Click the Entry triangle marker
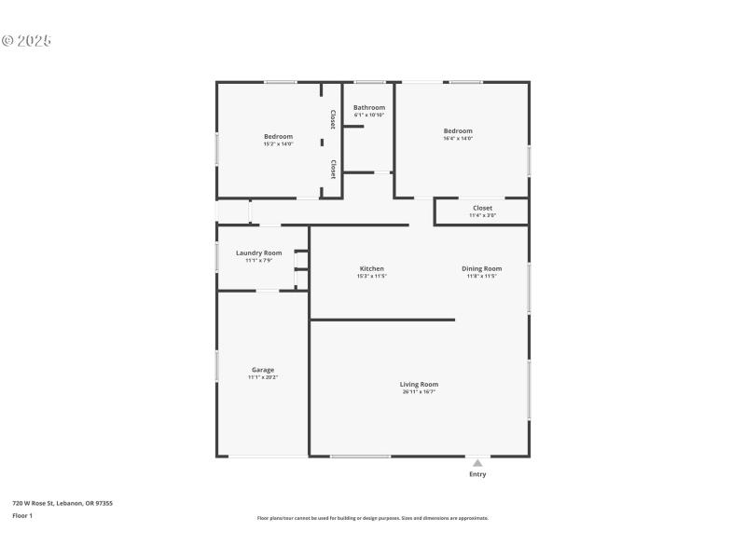tap(477, 462)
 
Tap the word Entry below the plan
tap(477, 474)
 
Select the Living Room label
tap(419, 384)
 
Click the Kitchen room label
tap(371, 268)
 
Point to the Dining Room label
tap(482, 268)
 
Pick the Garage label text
tap(263, 370)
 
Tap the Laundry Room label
tap(258, 252)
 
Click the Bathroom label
tap(369, 107)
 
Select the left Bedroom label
tap(278, 136)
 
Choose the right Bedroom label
tap(458, 130)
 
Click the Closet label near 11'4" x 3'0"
tap(482, 208)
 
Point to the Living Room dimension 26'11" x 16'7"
tap(419, 392)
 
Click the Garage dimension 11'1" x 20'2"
tap(263, 377)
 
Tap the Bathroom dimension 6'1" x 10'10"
tap(369, 116)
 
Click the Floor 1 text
tap(22, 515)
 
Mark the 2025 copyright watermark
tap(26, 41)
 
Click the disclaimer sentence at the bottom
tap(372, 518)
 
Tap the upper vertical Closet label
tap(333, 119)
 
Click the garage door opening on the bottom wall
tap(269, 456)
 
